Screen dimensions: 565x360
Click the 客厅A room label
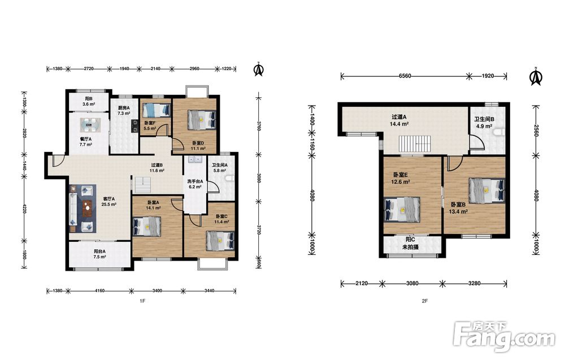click(x=109, y=201)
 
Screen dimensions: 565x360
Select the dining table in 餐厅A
click(x=89, y=125)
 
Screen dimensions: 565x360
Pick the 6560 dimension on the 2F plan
click(x=405, y=76)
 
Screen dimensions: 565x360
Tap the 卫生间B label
click(x=484, y=123)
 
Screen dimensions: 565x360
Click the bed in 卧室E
click(x=402, y=209)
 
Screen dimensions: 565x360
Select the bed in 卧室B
click(x=487, y=189)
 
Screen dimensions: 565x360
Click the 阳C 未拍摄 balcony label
click(x=410, y=243)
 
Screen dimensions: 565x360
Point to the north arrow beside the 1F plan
click(x=258, y=70)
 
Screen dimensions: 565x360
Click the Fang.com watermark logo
click(x=504, y=336)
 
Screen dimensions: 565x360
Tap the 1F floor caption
click(x=142, y=301)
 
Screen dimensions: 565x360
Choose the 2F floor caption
click(x=424, y=301)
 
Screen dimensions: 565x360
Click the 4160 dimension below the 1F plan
click(x=100, y=290)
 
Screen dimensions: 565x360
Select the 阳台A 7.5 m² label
click(x=100, y=254)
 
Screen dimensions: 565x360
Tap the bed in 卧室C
click(x=220, y=241)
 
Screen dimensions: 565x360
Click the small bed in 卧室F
click(x=157, y=110)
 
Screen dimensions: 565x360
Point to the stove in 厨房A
click(x=135, y=126)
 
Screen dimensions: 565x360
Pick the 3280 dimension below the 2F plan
click(x=474, y=283)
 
